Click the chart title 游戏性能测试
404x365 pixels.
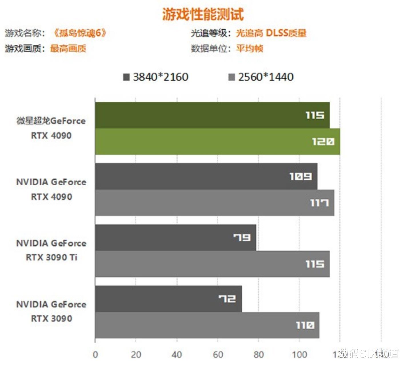(x=203, y=14)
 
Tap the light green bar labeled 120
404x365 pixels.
(x=217, y=142)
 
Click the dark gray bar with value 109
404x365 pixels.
(x=206, y=176)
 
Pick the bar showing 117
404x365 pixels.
(x=214, y=203)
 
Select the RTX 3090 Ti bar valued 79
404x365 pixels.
(x=175, y=237)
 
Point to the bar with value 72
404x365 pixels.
(x=168, y=299)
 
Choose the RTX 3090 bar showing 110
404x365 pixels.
(x=207, y=325)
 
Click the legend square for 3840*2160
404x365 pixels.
(x=126, y=77)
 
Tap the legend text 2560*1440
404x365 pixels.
(x=266, y=77)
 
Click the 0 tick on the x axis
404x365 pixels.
(x=95, y=355)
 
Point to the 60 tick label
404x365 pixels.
(x=218, y=355)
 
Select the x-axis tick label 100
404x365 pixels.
(x=299, y=355)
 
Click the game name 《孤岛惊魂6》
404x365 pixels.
(x=80, y=33)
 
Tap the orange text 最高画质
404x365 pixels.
(x=68, y=49)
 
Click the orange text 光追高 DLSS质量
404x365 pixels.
(x=271, y=33)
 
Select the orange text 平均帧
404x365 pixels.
(x=249, y=49)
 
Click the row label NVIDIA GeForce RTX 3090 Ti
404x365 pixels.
(x=51, y=250)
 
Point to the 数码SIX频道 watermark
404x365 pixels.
(x=368, y=354)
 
